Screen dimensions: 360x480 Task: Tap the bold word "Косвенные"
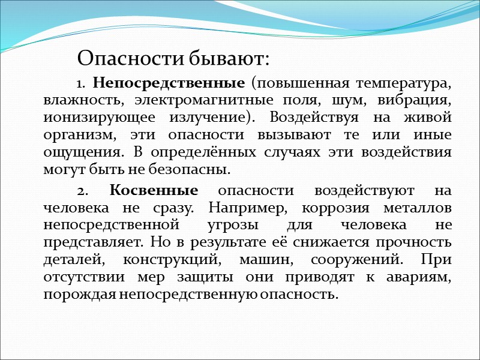coord(154,191)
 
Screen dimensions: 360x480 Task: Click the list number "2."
coord(84,191)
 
